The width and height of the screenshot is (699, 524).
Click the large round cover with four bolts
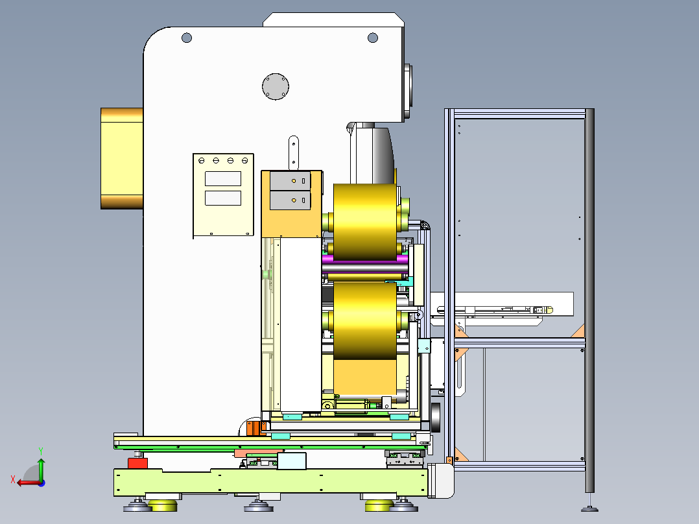tap(276, 86)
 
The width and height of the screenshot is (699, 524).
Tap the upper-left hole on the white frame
tap(187, 38)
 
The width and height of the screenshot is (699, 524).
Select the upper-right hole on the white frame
tap(373, 38)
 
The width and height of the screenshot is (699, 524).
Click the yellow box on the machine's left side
tap(122, 158)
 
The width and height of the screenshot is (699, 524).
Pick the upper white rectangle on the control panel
tap(223, 178)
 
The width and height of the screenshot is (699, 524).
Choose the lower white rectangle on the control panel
tap(223, 198)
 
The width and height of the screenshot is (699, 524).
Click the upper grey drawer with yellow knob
tap(290, 181)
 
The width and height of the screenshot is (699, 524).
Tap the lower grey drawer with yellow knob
tap(290, 200)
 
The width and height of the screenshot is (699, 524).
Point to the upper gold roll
tap(365, 222)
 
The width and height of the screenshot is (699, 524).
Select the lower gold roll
tap(365, 320)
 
